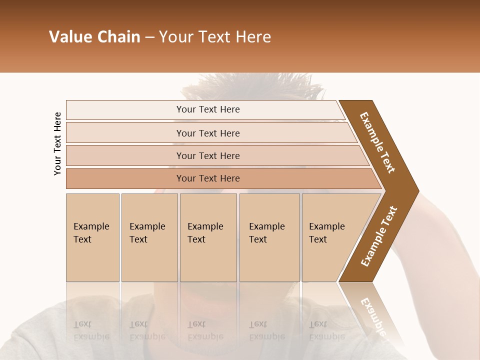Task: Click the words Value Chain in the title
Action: (94, 37)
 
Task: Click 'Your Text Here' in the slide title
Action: (215, 37)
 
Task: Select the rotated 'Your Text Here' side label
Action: (57, 143)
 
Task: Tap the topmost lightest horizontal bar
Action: (207, 109)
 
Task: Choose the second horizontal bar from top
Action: (207, 133)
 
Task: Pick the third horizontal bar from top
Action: (207, 155)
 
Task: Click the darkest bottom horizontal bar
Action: (207, 178)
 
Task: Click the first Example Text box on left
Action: (92, 237)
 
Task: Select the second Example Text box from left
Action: (149, 237)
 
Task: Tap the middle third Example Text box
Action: (208, 237)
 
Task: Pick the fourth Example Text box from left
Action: (269, 237)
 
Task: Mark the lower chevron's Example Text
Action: (379, 236)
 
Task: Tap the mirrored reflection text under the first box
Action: (91, 330)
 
